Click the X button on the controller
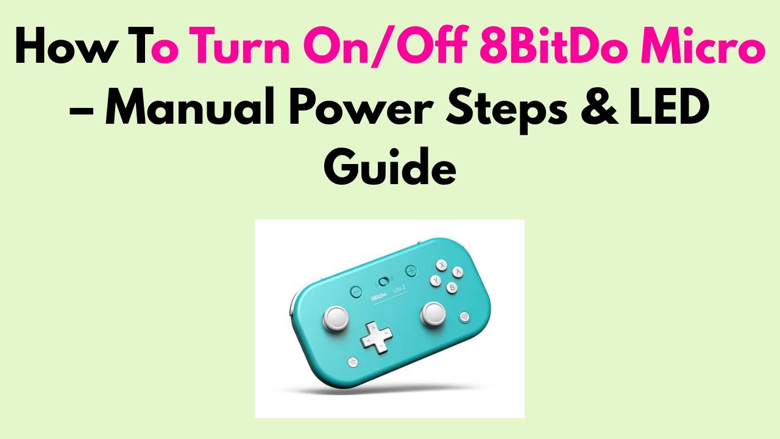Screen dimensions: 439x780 click(x=442, y=264)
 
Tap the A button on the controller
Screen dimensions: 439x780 click(x=458, y=272)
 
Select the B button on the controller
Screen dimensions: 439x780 click(x=452, y=287)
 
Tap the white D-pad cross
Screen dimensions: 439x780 click(x=375, y=336)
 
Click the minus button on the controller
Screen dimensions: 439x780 click(x=356, y=291)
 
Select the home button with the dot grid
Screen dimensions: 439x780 click(x=465, y=316)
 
